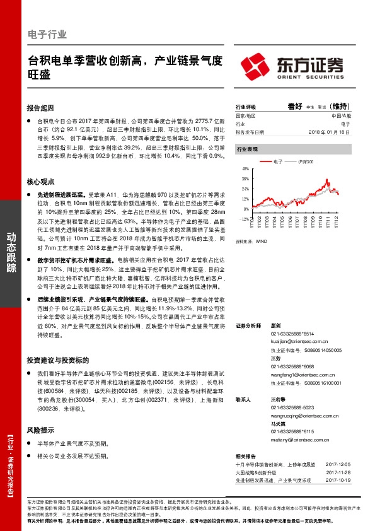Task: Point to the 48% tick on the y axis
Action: tap(246, 169)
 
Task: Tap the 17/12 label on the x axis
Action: tap(338, 225)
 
